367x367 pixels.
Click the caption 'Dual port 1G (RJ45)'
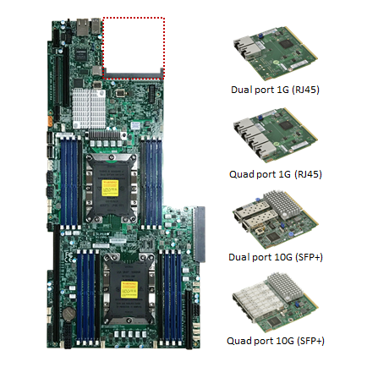(275, 90)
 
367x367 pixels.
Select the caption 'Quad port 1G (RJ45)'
(276, 174)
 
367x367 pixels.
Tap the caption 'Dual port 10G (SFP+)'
(276, 257)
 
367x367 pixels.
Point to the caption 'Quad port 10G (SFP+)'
(276, 341)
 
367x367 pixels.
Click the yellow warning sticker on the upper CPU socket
(110, 188)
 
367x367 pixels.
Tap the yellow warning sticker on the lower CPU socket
(129, 289)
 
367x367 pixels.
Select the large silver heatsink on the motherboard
(89, 108)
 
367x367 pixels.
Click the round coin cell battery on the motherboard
(69, 314)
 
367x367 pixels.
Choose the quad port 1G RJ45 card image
(276, 135)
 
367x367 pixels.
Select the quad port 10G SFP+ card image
(276, 303)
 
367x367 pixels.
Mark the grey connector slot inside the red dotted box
(133, 75)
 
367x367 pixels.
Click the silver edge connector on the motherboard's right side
(200, 234)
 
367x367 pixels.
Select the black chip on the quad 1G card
(285, 124)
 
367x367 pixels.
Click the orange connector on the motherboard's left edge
(50, 121)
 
